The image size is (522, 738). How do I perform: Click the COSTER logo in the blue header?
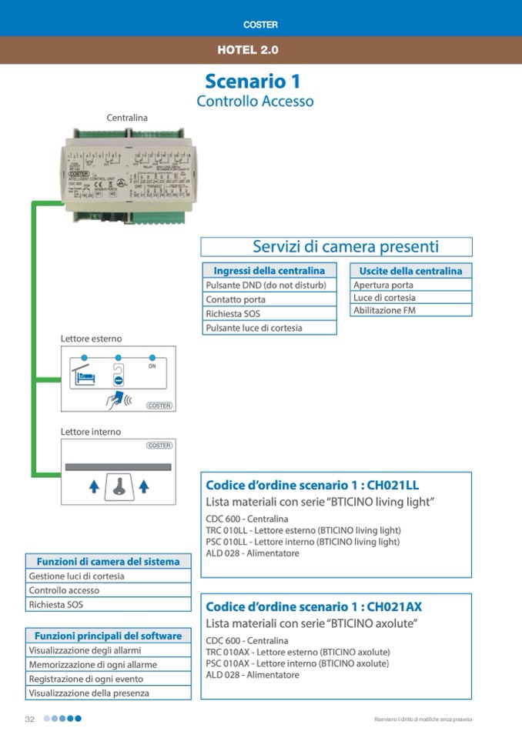[x=260, y=25]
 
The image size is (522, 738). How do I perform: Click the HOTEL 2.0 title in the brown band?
[x=248, y=50]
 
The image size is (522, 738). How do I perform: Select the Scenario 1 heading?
[x=253, y=81]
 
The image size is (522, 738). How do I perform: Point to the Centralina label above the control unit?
[x=127, y=118]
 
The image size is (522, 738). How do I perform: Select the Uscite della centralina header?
[x=411, y=271]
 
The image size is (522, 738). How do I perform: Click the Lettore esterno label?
[x=91, y=339]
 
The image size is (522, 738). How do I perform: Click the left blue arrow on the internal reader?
[x=93, y=486]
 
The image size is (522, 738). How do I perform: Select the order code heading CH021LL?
[x=312, y=485]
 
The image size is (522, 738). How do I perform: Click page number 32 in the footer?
[x=30, y=719]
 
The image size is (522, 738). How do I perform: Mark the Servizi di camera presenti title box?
[x=336, y=247]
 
